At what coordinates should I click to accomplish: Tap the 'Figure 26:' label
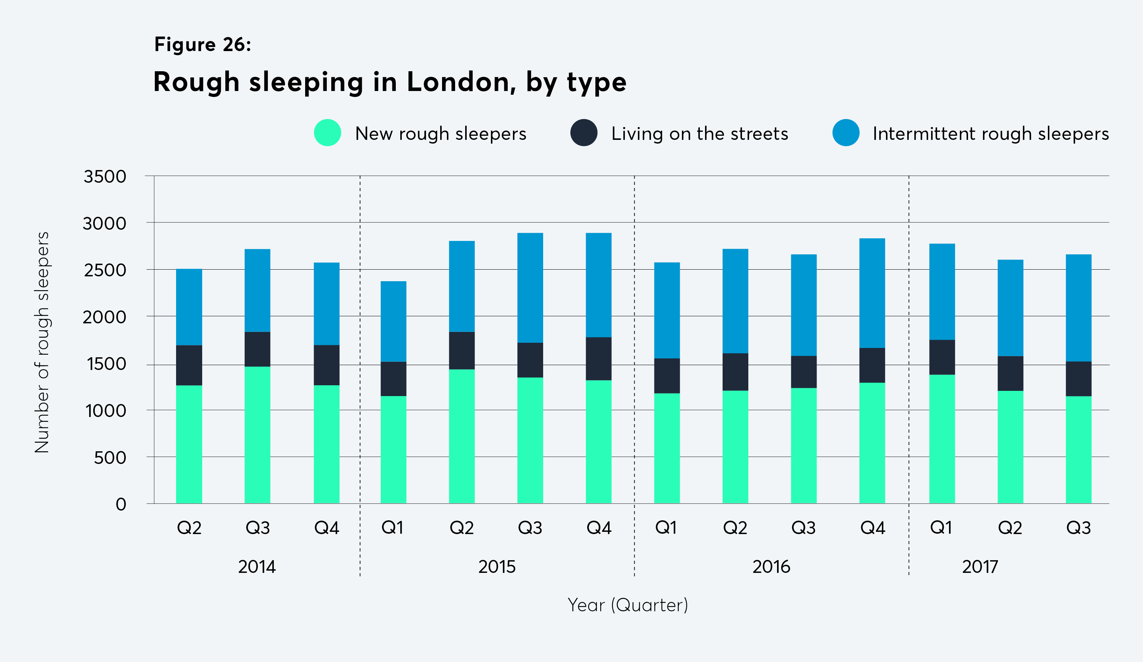(202, 44)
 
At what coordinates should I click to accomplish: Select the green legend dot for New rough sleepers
(327, 132)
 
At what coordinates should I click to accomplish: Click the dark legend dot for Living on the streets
(583, 132)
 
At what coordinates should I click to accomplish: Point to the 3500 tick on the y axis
(105, 176)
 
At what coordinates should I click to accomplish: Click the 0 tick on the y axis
(120, 504)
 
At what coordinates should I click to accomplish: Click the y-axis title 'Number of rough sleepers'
(42, 342)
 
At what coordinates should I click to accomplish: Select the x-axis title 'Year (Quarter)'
(628, 605)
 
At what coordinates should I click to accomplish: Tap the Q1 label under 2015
(392, 527)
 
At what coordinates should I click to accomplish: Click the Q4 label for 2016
(873, 527)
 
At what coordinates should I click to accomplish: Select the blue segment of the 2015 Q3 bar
(530, 288)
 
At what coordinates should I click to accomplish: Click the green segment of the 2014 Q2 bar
(189, 444)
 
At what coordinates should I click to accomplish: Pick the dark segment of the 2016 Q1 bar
(667, 376)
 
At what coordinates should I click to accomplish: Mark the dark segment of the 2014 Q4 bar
(326, 365)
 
